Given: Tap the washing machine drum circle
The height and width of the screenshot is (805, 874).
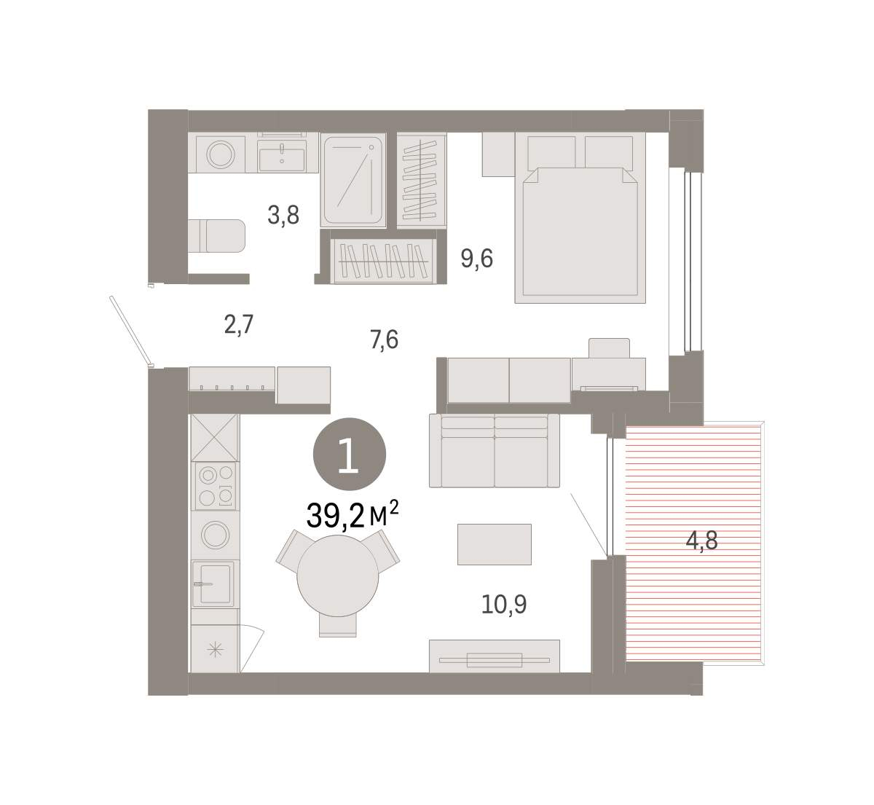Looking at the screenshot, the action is click(221, 154).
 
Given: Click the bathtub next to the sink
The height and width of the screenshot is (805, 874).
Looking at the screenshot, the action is click(353, 180).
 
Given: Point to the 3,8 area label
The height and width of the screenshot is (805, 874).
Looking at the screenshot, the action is click(283, 216).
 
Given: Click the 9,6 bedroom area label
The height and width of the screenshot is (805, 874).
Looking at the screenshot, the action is click(476, 259).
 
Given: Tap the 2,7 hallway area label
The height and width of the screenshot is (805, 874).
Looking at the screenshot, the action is click(239, 325).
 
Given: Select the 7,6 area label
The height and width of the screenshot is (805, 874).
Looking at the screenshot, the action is click(384, 340).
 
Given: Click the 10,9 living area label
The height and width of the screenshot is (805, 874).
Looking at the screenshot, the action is click(504, 605).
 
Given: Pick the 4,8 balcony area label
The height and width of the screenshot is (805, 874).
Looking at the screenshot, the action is click(701, 541).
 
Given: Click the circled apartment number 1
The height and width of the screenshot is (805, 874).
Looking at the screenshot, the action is click(350, 455).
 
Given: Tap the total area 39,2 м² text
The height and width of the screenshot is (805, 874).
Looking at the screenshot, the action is click(353, 515).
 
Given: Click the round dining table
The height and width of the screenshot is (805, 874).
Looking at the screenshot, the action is click(338, 576).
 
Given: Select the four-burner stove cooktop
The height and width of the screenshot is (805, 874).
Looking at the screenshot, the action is click(216, 486).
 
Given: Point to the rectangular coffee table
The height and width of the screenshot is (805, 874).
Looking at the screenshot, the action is click(494, 544).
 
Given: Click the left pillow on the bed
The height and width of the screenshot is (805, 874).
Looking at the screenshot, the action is click(551, 153).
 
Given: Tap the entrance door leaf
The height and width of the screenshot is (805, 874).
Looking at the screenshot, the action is click(130, 331).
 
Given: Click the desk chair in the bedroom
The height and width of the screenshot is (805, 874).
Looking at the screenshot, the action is click(609, 348).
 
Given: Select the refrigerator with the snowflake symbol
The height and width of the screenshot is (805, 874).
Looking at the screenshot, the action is click(215, 649).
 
